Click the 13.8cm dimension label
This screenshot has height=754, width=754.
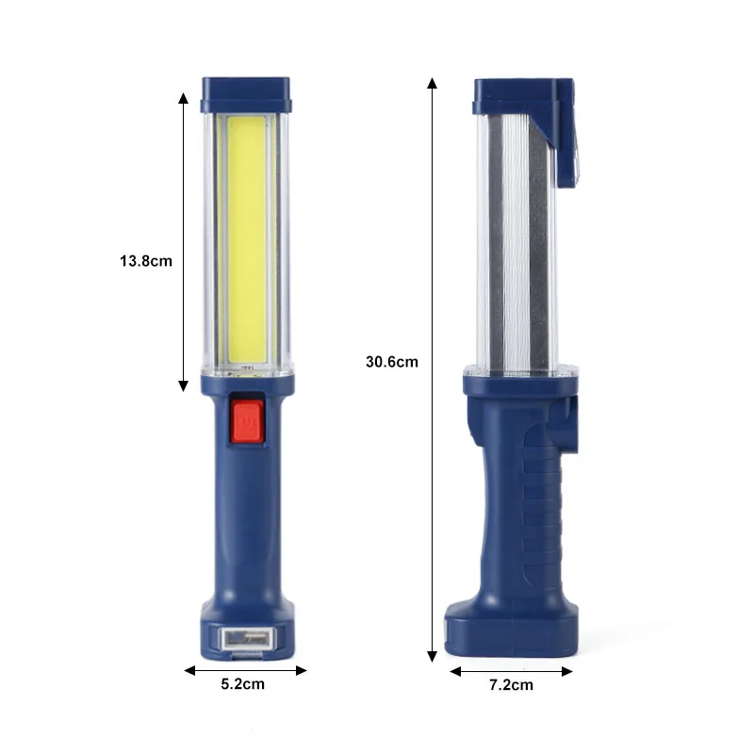tap(146, 261)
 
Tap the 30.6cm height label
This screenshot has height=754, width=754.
tap(392, 362)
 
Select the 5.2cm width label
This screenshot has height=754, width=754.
tap(243, 684)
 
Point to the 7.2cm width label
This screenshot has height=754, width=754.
tap(511, 685)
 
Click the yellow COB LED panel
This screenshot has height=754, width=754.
tap(246, 239)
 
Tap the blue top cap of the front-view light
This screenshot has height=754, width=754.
tap(246, 95)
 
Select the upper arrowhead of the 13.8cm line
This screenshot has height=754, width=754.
tap(183, 98)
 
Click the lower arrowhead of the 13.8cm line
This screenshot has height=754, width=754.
tap(183, 385)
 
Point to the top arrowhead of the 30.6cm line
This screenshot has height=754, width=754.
tap(433, 83)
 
